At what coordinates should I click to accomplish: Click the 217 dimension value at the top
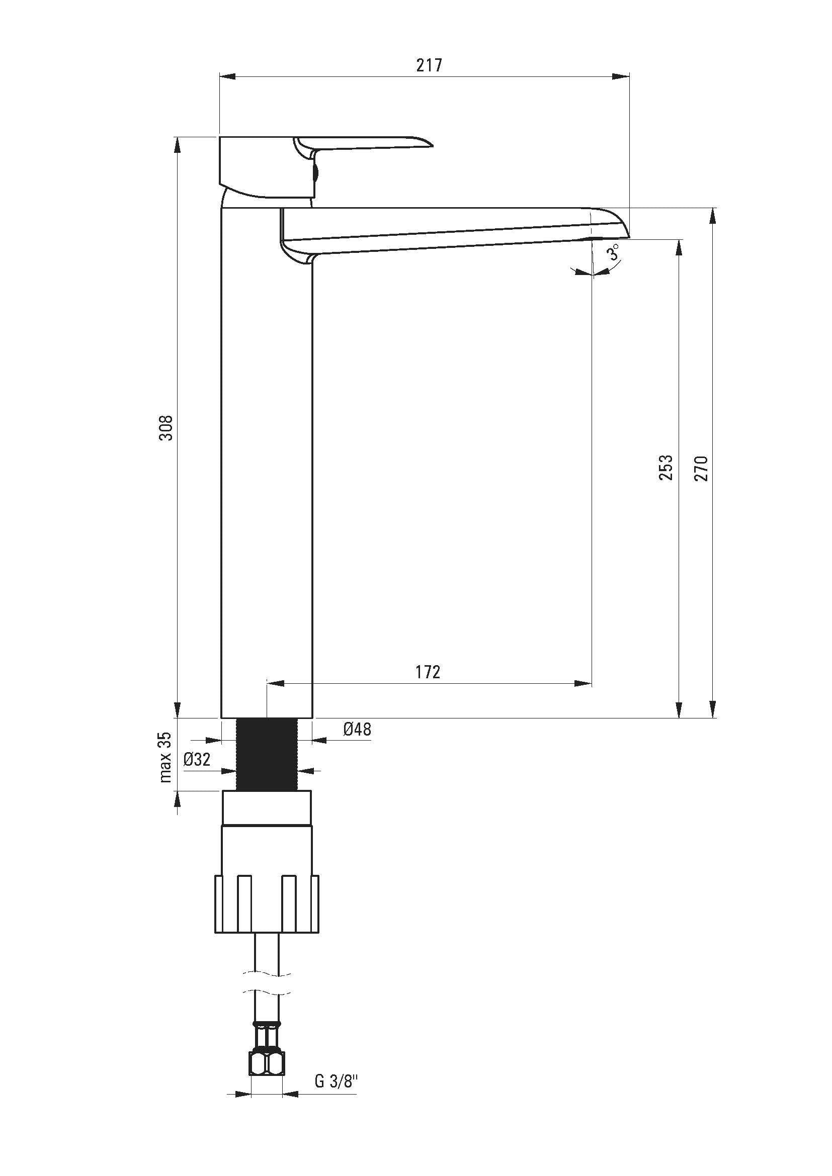(x=429, y=65)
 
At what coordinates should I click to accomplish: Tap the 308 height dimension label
(x=166, y=428)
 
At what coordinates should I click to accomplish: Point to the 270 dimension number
(x=701, y=468)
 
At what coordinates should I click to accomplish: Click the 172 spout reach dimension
(x=427, y=672)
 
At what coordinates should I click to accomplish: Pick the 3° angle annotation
(x=614, y=252)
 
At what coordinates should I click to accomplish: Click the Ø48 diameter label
(x=357, y=729)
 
